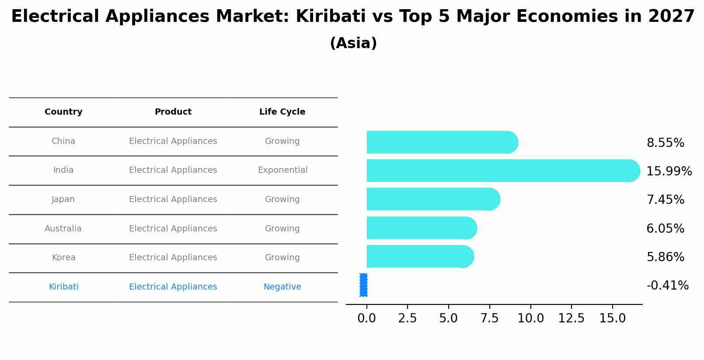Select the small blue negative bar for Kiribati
(363, 285)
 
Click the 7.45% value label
(665, 200)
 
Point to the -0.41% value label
(667, 286)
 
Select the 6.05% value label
(665, 229)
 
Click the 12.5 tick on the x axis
(571, 318)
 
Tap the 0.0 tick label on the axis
(366, 318)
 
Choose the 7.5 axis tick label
(489, 318)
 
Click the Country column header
(63, 112)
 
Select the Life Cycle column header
(282, 112)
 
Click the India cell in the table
(63, 170)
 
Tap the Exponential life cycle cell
(282, 170)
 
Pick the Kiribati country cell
(63, 287)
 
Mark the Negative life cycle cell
(282, 287)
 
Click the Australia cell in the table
(63, 229)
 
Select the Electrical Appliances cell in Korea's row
(173, 258)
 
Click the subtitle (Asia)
(353, 43)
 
